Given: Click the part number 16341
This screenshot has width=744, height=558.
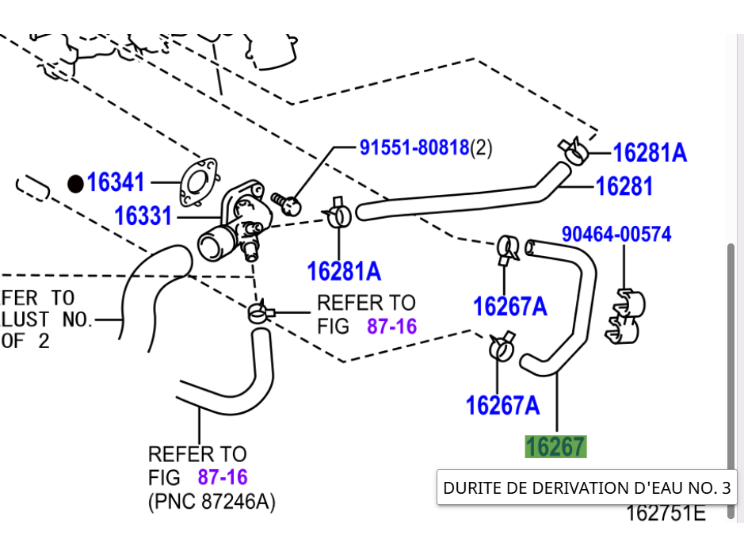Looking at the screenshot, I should (x=116, y=182).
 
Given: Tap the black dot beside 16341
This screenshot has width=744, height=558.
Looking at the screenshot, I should (x=75, y=184).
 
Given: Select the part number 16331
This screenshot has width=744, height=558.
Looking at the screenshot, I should (x=143, y=216).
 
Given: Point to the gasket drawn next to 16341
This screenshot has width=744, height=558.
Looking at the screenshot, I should (x=196, y=181).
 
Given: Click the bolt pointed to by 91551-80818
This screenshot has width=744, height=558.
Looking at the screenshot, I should (x=287, y=203).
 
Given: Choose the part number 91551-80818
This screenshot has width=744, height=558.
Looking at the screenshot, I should (x=414, y=147).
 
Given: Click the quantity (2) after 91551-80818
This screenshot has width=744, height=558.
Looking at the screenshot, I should (x=482, y=147).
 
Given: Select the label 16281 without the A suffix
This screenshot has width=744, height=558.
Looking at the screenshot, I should (x=624, y=186).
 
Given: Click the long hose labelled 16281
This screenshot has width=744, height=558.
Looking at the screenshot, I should (x=460, y=199).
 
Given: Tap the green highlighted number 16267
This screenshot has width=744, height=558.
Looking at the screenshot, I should (x=555, y=447).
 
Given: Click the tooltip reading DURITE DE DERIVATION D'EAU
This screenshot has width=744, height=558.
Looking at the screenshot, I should (x=586, y=487).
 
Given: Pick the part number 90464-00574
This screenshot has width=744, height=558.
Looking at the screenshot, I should (x=616, y=234).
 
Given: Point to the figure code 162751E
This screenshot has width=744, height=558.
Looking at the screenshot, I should (x=665, y=513).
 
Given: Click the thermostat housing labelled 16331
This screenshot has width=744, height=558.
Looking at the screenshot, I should (x=238, y=222).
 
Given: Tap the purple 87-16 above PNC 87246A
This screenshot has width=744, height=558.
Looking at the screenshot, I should (x=223, y=477).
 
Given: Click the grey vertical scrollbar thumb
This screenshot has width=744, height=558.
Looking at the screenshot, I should (x=731, y=357).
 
